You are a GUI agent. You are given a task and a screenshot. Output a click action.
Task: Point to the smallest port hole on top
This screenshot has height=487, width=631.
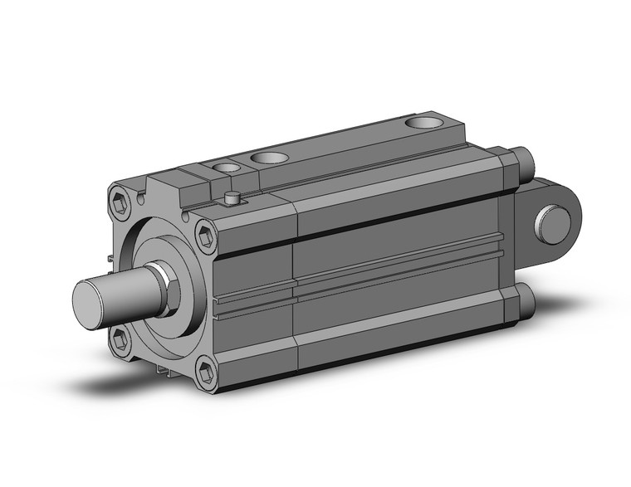point(223,168)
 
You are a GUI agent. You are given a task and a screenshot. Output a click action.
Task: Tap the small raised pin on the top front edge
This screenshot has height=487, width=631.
point(234,198)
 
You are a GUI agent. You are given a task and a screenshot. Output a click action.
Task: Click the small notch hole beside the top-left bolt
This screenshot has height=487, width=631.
point(144,197)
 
